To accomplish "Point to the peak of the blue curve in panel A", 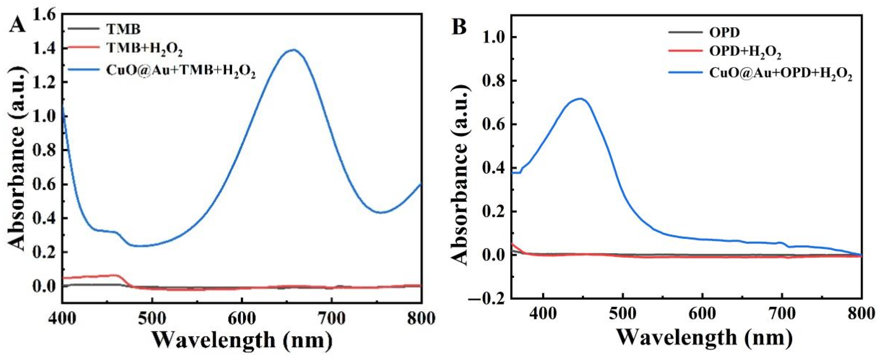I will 293,50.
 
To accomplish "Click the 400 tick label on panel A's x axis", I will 62,318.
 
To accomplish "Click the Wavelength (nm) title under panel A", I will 242,340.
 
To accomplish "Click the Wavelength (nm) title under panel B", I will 704,338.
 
